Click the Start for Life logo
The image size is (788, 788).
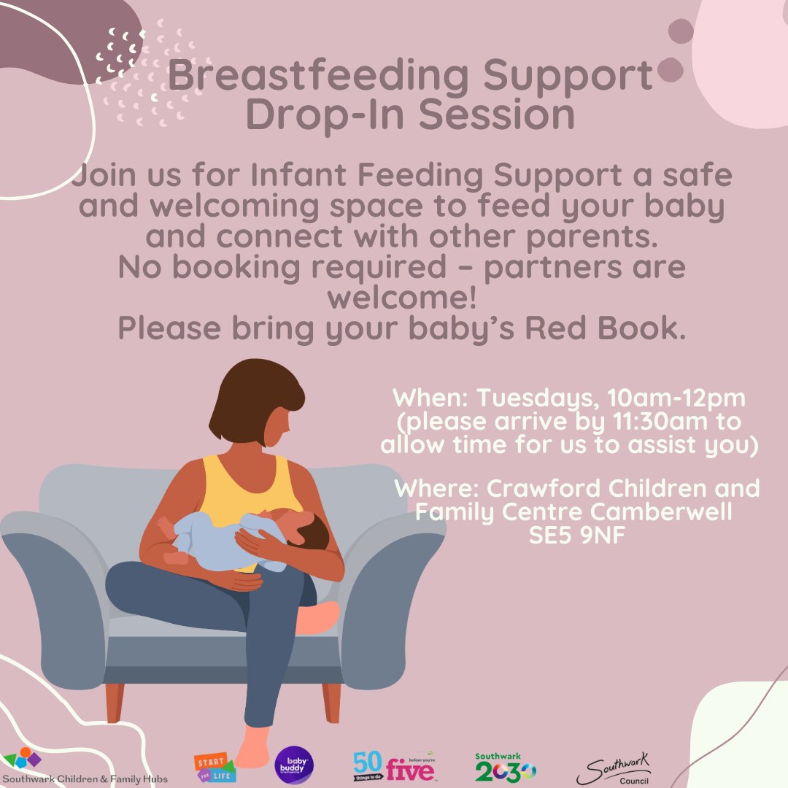click(214, 765)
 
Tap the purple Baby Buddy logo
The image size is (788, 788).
click(290, 764)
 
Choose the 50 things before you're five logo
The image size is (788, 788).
click(391, 766)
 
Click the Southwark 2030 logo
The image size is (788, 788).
click(505, 768)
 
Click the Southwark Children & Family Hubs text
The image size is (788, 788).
click(85, 779)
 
